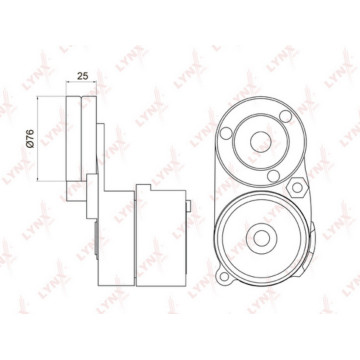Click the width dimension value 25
click(x=83, y=76)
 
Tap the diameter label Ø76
click(x=30, y=139)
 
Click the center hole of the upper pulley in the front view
click(x=261, y=142)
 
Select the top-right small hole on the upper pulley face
click(x=285, y=116)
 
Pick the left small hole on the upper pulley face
click(x=226, y=133)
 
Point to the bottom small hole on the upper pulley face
click(x=273, y=176)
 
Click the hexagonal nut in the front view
click(x=297, y=187)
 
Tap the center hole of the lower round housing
click(x=262, y=238)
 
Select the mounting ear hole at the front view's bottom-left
click(x=224, y=276)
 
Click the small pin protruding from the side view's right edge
click(x=188, y=206)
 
